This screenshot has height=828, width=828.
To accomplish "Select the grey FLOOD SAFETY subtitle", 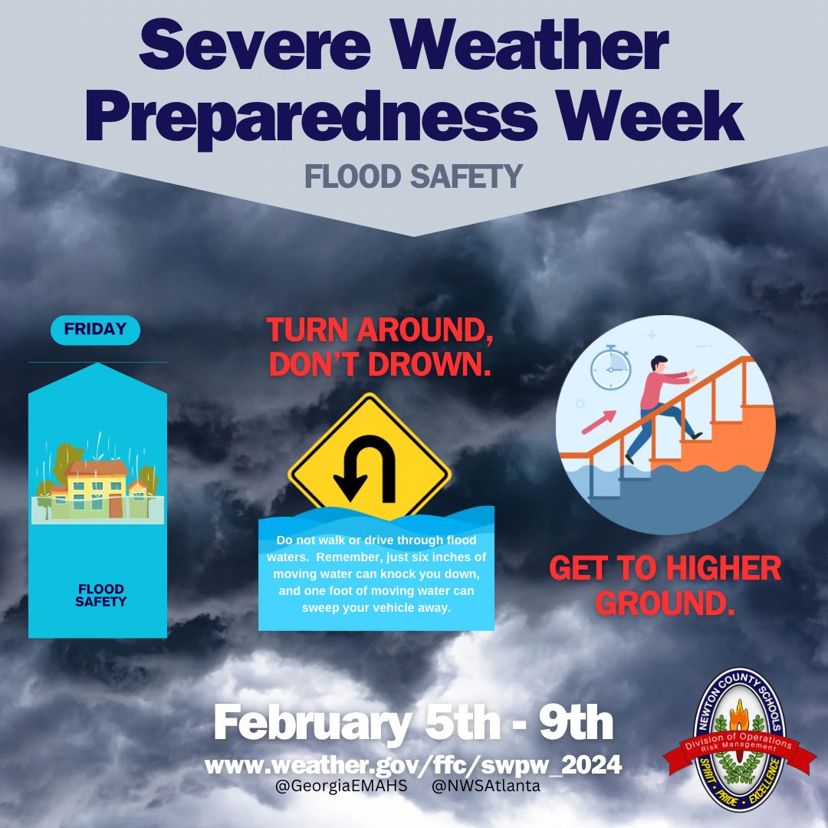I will click(413, 176).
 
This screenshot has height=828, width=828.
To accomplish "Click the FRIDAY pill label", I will click(95, 329).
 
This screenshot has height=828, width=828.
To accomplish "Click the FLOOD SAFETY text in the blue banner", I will click(100, 595).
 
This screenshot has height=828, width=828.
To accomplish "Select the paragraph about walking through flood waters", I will click(376, 573).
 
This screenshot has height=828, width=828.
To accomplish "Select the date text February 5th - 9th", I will click(413, 724).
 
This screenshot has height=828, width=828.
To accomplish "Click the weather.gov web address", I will click(413, 764).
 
